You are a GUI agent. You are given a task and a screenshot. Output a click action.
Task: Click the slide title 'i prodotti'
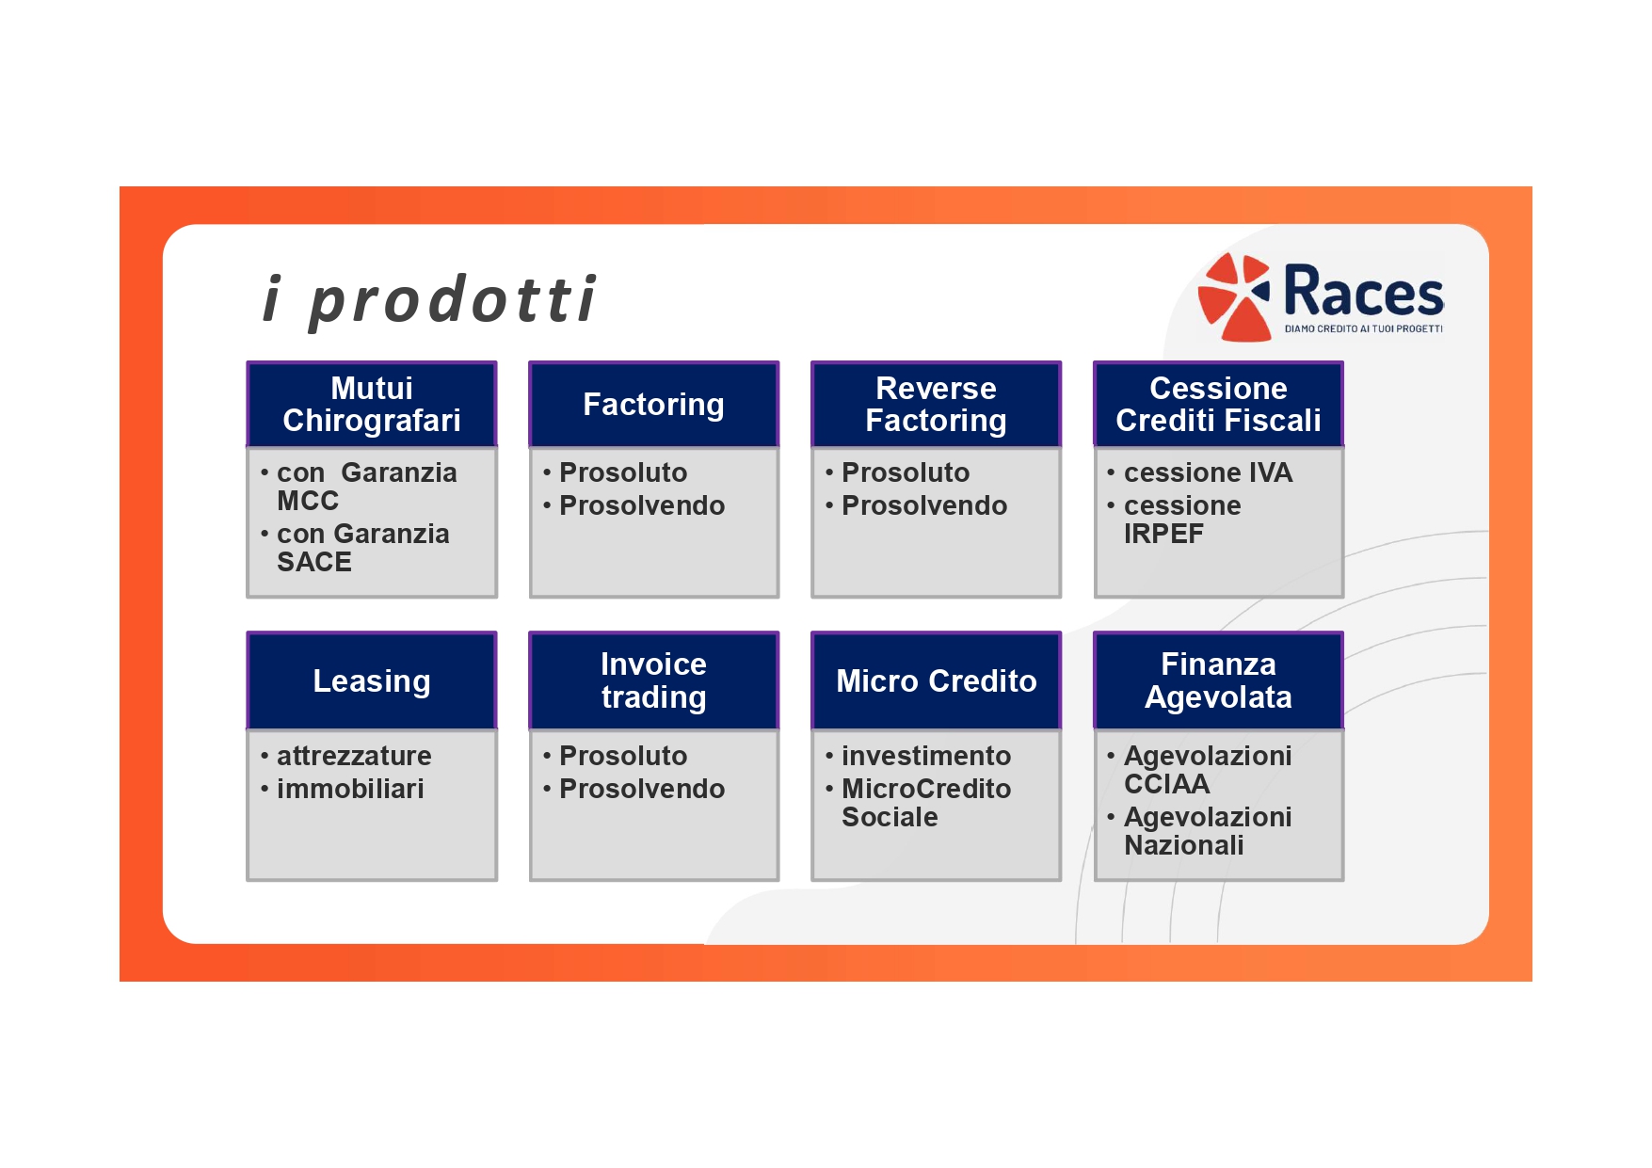coord(428,299)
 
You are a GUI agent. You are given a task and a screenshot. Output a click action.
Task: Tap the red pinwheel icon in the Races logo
coord(1234,296)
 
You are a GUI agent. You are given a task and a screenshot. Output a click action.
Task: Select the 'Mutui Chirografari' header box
coord(372,404)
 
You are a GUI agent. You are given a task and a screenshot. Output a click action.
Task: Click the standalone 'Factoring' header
coord(654,404)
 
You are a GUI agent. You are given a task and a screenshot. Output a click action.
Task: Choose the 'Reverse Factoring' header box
coord(937,404)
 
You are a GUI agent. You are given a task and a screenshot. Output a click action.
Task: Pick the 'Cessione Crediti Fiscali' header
coord(1219,404)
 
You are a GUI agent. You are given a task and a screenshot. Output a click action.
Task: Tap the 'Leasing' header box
coord(372,680)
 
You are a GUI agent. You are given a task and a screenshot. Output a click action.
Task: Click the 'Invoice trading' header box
coord(654,680)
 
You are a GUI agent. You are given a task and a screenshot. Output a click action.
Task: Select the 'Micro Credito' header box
coord(937,680)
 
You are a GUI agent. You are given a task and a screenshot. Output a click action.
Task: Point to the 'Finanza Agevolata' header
coord(1219,680)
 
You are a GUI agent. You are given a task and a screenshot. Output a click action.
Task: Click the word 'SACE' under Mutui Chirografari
coord(314,562)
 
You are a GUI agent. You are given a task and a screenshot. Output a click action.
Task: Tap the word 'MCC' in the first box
coord(308,501)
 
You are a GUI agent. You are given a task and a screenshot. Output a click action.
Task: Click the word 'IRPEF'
coord(1163,534)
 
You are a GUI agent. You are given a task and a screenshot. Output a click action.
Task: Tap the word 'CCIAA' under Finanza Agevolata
coord(1167,784)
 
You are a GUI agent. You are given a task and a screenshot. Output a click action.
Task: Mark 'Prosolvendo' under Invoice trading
coord(642,789)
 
